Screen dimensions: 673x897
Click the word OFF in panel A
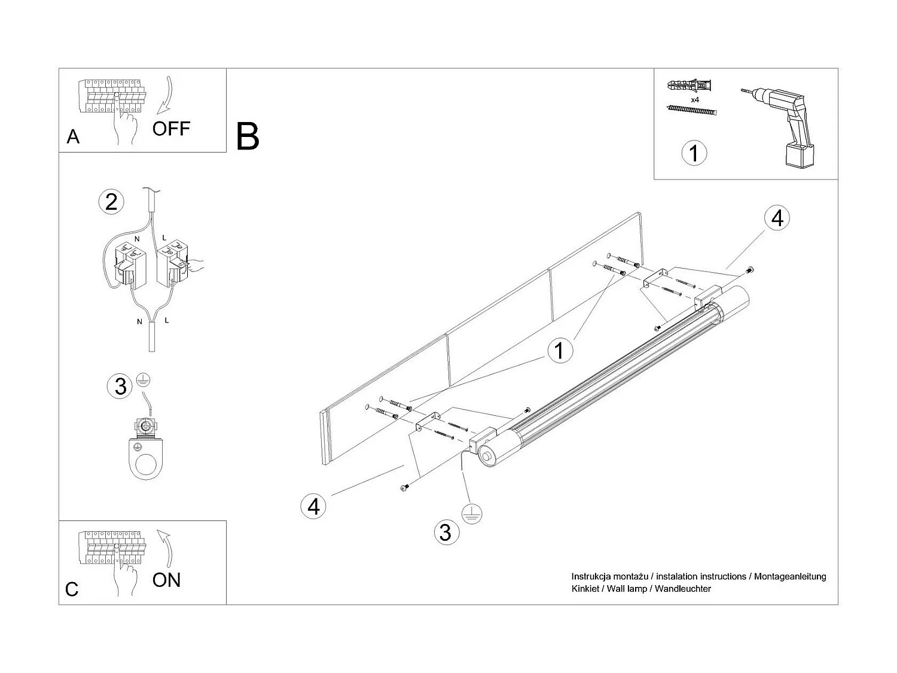[x=171, y=129]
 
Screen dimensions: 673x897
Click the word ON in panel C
[x=166, y=580]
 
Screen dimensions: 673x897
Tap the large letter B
[x=248, y=136]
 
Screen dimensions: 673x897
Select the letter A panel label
[x=73, y=137]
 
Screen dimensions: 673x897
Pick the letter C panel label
[x=72, y=589]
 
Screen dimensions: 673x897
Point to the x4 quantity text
[x=695, y=100]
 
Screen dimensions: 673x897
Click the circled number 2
[x=111, y=202]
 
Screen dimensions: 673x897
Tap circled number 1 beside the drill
[x=694, y=153]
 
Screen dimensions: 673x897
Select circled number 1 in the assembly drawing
[x=559, y=350]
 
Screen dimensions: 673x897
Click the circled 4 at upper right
[x=777, y=218]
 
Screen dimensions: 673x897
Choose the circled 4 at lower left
[x=313, y=507]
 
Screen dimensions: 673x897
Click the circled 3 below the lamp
[x=445, y=532]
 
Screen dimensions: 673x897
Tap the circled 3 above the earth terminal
[x=120, y=386]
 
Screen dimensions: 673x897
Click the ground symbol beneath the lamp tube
[x=472, y=514]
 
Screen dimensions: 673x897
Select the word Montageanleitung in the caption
[x=790, y=577]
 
